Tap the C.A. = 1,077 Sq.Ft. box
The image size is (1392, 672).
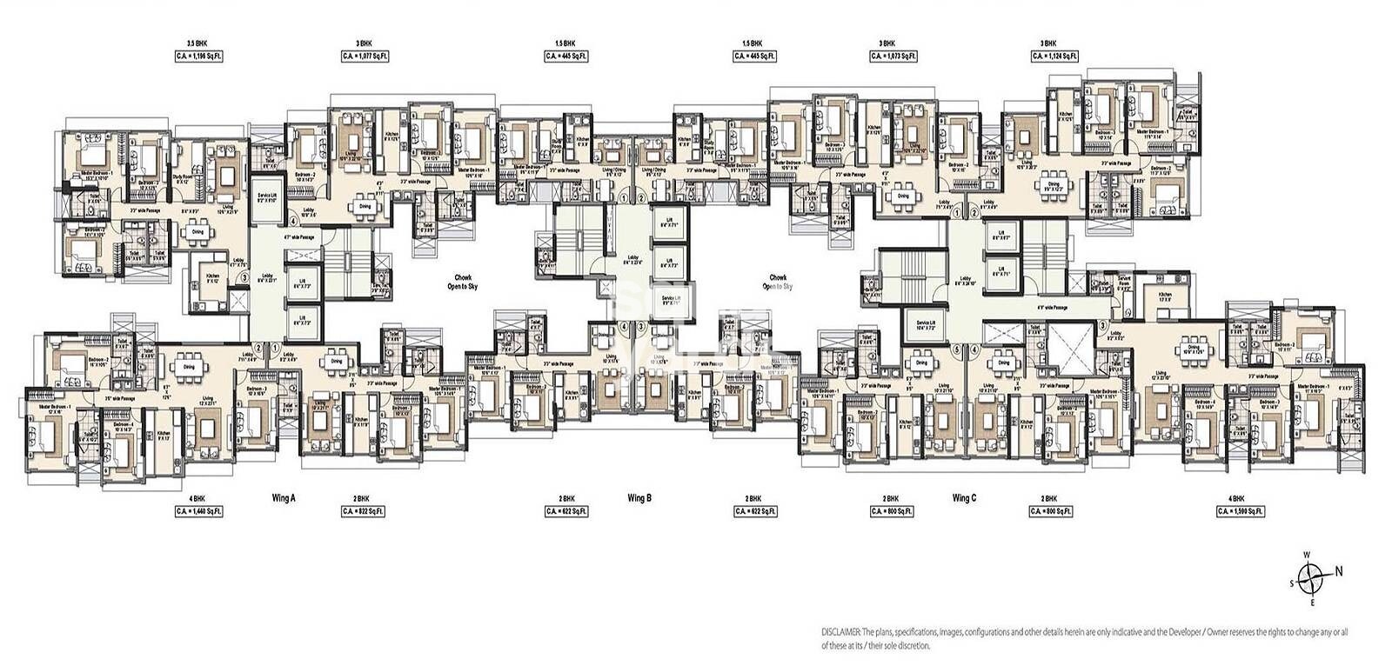(x=365, y=56)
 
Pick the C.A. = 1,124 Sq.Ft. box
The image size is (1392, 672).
(x=1054, y=56)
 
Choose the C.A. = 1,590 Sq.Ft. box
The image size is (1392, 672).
(x=1236, y=511)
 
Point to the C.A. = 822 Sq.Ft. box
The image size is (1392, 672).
(x=365, y=511)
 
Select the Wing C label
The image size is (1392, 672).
(x=964, y=498)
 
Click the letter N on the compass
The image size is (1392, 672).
(x=1339, y=571)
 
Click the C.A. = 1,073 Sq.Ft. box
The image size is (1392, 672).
(x=893, y=56)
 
